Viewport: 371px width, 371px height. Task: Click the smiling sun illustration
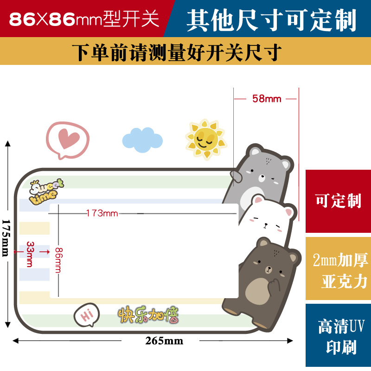coord(206,138)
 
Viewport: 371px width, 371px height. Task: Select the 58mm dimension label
coord(267,99)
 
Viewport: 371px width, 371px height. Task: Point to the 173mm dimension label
coord(102,213)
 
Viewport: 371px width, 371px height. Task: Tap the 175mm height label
coord(6,237)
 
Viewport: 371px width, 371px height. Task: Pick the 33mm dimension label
coord(30,253)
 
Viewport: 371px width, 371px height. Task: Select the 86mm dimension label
coord(58,260)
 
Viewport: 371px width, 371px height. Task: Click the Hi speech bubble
coord(87,315)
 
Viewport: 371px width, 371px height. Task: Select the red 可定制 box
coord(338,201)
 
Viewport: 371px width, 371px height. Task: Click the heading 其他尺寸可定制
coord(271,19)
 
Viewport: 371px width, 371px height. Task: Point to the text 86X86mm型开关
coord(84,19)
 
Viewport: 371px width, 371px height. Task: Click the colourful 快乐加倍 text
coord(148,315)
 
